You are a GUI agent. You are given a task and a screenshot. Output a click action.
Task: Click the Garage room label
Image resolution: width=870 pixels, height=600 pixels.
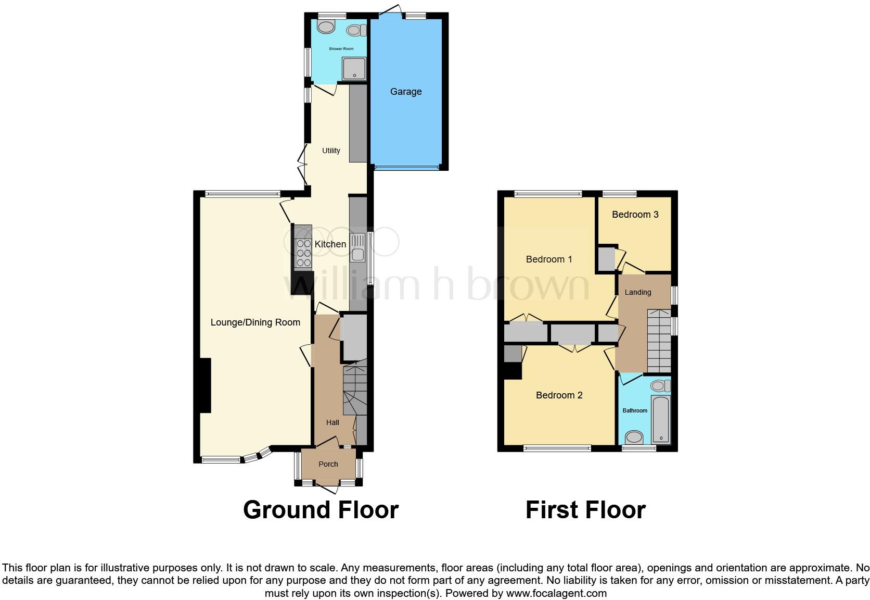406,92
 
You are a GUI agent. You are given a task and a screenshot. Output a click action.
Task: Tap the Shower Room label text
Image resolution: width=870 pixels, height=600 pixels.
341,49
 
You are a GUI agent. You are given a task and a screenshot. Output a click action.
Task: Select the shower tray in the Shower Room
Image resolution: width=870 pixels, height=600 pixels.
354,69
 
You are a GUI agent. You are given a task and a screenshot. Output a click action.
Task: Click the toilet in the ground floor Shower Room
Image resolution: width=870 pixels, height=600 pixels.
356,31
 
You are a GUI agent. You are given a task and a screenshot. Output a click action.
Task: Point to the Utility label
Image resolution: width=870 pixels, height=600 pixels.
331,151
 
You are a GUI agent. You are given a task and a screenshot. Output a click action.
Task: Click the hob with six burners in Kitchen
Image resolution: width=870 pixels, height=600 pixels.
303,253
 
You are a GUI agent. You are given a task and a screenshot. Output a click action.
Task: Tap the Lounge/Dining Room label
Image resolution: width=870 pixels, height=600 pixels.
255,322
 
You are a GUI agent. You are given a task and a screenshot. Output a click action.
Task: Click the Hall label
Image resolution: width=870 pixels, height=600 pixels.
332,422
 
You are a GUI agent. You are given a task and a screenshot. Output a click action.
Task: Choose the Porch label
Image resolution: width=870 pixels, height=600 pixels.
328,464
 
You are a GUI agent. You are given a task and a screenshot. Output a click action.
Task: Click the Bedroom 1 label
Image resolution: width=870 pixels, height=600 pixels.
549,259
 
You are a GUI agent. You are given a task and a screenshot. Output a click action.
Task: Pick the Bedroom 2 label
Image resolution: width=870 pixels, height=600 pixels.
559,395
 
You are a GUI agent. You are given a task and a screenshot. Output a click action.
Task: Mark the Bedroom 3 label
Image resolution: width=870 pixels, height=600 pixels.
635,215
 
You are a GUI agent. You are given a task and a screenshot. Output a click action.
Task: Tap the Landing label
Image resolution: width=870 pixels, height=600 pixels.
638,292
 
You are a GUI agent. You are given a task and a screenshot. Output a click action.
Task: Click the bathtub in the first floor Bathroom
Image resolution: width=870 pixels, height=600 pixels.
661,419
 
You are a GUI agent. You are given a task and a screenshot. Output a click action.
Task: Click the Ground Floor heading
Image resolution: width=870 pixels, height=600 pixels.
321,510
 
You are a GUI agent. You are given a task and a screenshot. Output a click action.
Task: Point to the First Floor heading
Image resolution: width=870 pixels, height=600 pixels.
585,510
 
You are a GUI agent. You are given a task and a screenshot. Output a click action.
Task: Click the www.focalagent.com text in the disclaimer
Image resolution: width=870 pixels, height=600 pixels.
556,593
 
